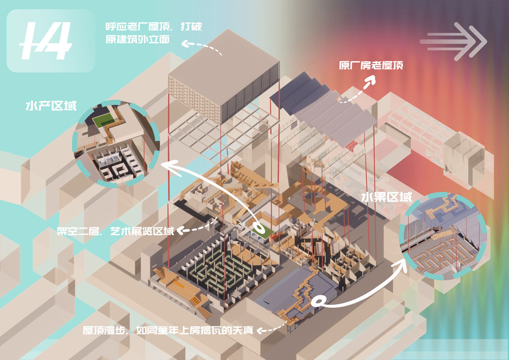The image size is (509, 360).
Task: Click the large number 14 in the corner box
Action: coord(45,41)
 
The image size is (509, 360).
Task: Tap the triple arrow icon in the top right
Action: coord(453,41)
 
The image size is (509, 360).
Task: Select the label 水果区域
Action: coord(386,197)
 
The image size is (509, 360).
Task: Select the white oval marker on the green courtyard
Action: coord(260,229)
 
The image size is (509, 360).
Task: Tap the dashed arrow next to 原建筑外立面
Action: coord(201,45)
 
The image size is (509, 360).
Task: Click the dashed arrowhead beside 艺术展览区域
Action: coord(182,230)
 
